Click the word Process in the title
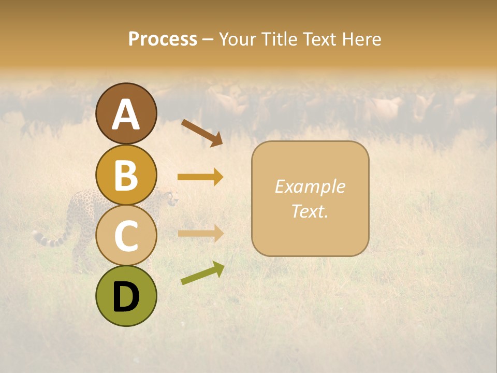pyautogui.click(x=163, y=39)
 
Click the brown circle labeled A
pyautogui.click(x=126, y=113)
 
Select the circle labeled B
pyautogui.click(x=126, y=175)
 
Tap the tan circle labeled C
pyautogui.click(x=126, y=235)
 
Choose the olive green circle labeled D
pyautogui.click(x=126, y=296)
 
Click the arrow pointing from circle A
pyautogui.click(x=201, y=133)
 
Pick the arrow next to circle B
pyautogui.click(x=200, y=177)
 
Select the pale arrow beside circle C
pyautogui.click(x=200, y=233)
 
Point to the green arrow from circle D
pyautogui.click(x=202, y=274)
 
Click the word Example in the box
pyautogui.click(x=310, y=187)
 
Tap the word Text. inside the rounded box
pyautogui.click(x=310, y=211)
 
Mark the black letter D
pyautogui.click(x=126, y=297)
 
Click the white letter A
pyautogui.click(x=126, y=114)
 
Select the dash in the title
pyautogui.click(x=208, y=40)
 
